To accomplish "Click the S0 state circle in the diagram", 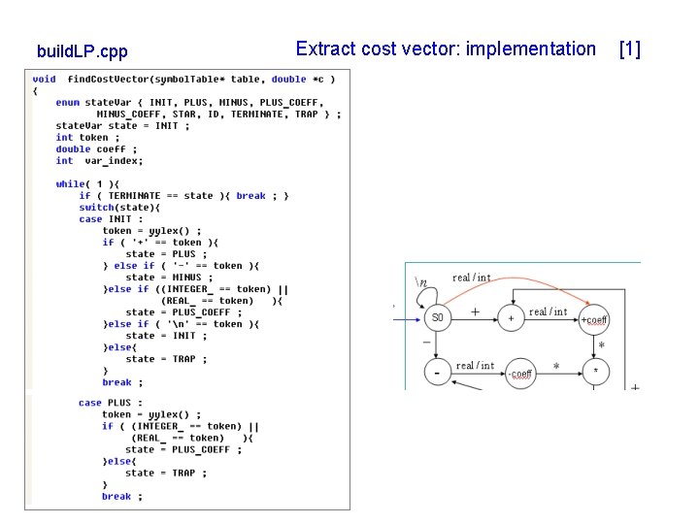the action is click(x=438, y=317).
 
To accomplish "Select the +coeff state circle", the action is click(x=594, y=319).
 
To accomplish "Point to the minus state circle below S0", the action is click(x=438, y=373).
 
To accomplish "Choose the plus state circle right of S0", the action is click(x=511, y=317).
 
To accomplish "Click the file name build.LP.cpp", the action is click(x=82, y=50).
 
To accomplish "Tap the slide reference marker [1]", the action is click(x=629, y=49).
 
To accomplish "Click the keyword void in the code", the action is click(x=44, y=80).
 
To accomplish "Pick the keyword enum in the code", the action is click(x=67, y=103).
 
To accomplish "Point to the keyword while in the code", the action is click(x=70, y=184).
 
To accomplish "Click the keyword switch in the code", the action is click(x=96, y=208).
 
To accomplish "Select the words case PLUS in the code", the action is click(x=104, y=403).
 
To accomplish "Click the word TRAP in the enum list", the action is click(x=307, y=115).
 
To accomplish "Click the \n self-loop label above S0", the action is click(x=420, y=282).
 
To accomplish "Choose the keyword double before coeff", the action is click(x=73, y=149).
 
